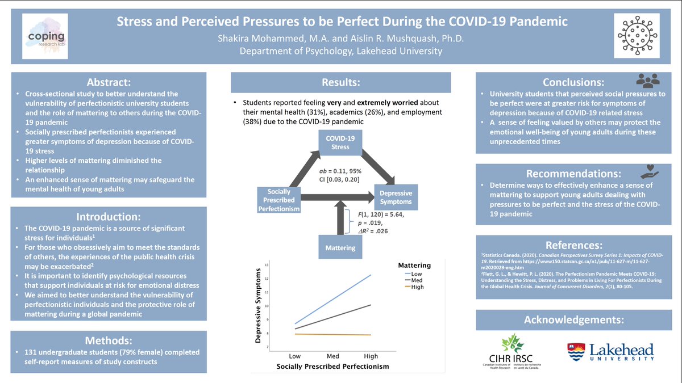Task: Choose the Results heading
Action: click(340, 83)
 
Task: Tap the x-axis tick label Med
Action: click(332, 356)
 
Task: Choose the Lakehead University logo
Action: click(610, 351)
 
